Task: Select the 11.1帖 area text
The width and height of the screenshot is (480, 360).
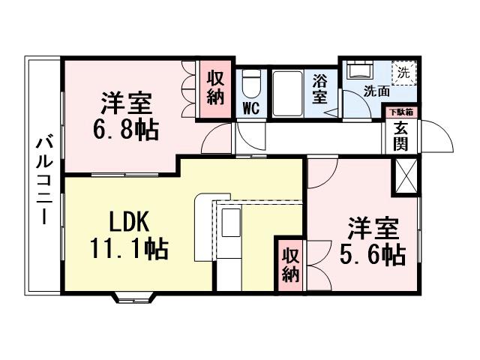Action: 129,248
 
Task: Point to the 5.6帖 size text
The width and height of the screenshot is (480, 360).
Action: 373,255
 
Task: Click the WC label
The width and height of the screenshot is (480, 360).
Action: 250,108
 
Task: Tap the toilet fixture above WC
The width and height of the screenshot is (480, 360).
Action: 251,81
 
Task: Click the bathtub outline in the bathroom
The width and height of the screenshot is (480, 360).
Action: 285,93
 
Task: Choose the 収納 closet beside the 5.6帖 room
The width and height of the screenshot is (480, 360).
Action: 290,263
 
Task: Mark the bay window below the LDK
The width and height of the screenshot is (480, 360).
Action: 135,298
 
